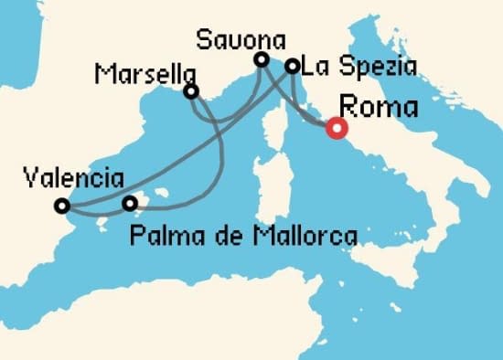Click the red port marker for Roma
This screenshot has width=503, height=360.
pyautogui.click(x=337, y=129)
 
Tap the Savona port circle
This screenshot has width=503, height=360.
pyautogui.click(x=262, y=60)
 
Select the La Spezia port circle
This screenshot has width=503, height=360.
pyautogui.click(x=292, y=66)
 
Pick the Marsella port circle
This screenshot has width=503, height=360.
pyautogui.click(x=191, y=91)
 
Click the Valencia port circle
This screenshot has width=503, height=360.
pyautogui.click(x=61, y=206)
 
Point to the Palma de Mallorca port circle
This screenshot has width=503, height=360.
pyautogui.click(x=130, y=203)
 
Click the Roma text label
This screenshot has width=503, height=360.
pyautogui.click(x=378, y=107)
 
